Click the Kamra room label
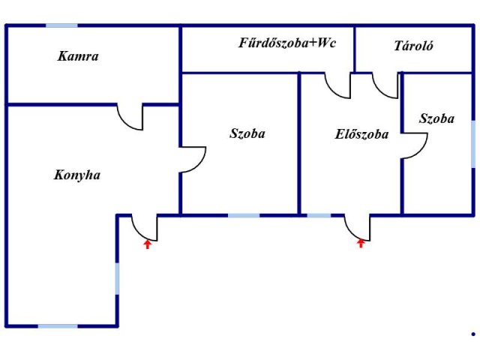tap(78, 56)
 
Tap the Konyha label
tap(77, 175)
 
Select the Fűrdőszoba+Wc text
tap(287, 43)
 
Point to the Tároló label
tap(414, 46)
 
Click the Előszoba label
tap(361, 135)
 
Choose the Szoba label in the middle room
tap(247, 134)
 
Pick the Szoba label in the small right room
tap(436, 118)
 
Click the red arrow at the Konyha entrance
tap(148, 244)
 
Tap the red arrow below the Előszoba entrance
tap(361, 242)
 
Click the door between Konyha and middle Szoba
tap(193, 159)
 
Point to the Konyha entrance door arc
tap(144, 227)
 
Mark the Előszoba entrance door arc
tap(357, 227)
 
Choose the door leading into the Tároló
tap(387, 85)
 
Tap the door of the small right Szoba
tap(415, 145)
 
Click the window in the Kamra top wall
tap(61, 25)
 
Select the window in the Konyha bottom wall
tap(58, 325)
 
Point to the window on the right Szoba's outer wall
tap(473, 142)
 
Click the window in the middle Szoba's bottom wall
tap(244, 215)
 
